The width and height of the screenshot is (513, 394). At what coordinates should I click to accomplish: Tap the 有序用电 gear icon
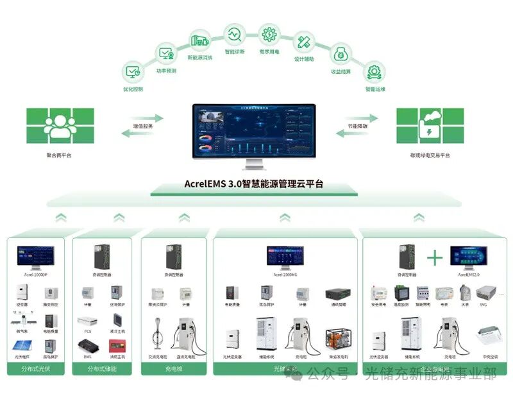269,33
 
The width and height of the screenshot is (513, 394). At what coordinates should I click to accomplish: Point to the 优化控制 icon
133,71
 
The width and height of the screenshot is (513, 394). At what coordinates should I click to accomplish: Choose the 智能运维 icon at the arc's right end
375,71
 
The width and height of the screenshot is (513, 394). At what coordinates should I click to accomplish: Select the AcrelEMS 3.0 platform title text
255,184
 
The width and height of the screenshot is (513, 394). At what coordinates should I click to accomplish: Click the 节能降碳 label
357,126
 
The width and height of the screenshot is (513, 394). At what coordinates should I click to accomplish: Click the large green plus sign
435,258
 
